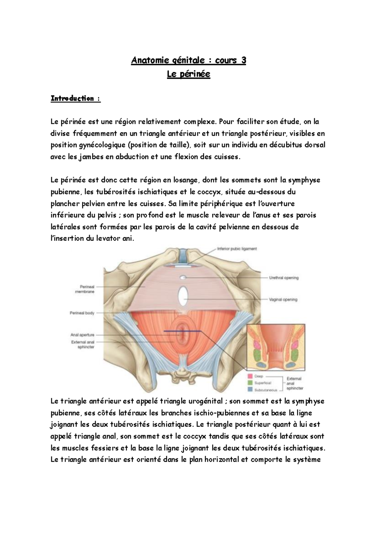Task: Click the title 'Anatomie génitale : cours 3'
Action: click(x=188, y=60)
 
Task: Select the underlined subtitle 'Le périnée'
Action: click(x=188, y=74)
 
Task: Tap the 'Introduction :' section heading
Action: click(x=75, y=99)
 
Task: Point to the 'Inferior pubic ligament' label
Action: click(x=237, y=249)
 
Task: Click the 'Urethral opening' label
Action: click(x=284, y=278)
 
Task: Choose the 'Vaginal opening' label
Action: click(x=283, y=299)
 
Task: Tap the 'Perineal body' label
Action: click(x=82, y=313)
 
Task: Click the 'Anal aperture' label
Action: click(x=83, y=335)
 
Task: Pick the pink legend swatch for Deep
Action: click(x=250, y=376)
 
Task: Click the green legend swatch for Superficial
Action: click(x=250, y=383)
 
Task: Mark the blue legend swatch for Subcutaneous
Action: click(x=250, y=390)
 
